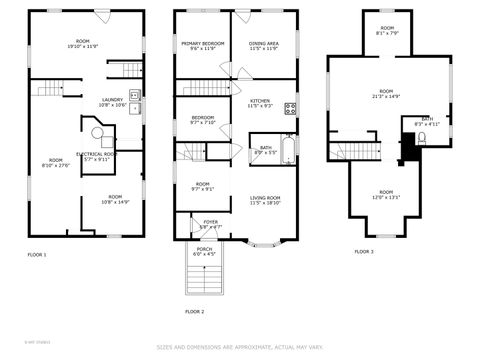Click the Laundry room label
coord(112,102)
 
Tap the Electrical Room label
coord(97,156)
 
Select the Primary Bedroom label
coord(203,46)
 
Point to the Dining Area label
coord(264,46)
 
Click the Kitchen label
coord(260,103)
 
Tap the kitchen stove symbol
coord(290,108)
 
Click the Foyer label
coord(211,224)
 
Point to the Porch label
coord(204,252)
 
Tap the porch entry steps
coord(204,278)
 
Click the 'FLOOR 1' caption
coord(37,255)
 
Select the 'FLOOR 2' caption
coord(194,311)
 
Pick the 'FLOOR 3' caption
coord(364,251)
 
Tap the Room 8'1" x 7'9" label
coord(386,31)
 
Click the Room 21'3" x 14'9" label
coord(386,94)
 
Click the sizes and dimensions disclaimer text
coord(240,348)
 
